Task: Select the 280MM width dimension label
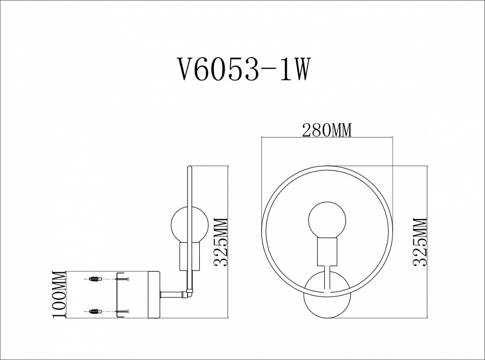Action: click(326, 130)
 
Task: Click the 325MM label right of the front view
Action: click(420, 242)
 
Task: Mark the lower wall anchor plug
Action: click(95, 311)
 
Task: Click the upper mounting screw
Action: click(122, 278)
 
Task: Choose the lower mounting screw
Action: click(122, 311)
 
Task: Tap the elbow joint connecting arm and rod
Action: click(189, 292)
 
